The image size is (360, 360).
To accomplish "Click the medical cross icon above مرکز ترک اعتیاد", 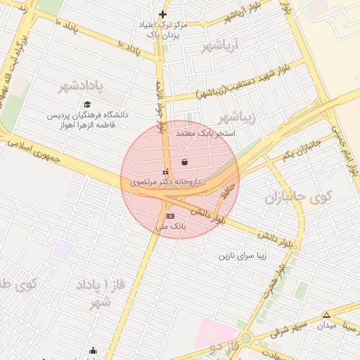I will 162,14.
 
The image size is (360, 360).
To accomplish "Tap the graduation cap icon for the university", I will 88,105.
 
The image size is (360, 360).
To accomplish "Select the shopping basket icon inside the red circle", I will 184,162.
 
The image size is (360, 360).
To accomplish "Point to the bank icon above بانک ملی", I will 170,216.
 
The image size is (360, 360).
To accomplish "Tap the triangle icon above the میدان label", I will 326,314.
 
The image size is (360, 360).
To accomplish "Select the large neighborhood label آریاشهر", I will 221,47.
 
